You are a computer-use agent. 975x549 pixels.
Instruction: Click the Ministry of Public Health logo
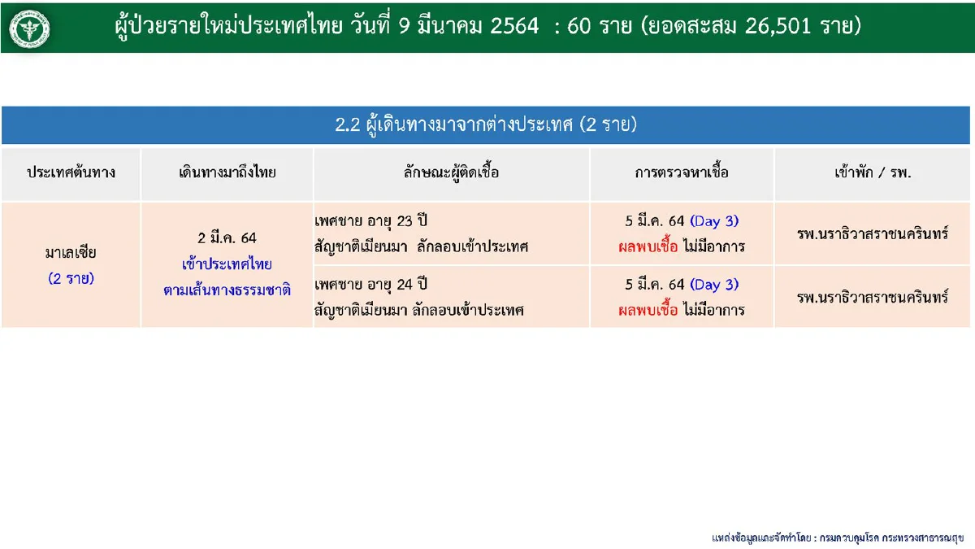pyautogui.click(x=29, y=28)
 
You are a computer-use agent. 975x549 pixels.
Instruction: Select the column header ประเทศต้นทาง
pyautogui.click(x=71, y=173)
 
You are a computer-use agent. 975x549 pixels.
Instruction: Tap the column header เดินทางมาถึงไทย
pyautogui.click(x=227, y=173)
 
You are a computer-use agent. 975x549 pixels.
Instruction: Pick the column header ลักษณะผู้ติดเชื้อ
pyautogui.click(x=451, y=173)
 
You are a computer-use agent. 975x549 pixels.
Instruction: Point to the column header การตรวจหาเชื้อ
pyautogui.click(x=682, y=173)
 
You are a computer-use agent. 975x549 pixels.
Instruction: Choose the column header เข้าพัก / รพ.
pyautogui.click(x=873, y=173)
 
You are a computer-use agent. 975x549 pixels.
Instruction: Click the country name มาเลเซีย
pyautogui.click(x=71, y=253)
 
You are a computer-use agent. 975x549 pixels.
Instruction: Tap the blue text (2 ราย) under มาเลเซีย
pyautogui.click(x=71, y=278)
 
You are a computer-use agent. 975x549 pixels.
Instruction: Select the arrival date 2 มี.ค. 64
pyautogui.click(x=227, y=238)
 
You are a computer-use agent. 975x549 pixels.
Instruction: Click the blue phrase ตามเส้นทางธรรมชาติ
pyautogui.click(x=227, y=289)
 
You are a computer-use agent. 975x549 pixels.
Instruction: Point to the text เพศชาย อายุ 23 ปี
pyautogui.click(x=370, y=221)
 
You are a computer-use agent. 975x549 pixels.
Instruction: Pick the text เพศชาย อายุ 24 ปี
pyautogui.click(x=370, y=285)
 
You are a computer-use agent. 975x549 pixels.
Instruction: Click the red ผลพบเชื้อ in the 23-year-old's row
pyautogui.click(x=648, y=246)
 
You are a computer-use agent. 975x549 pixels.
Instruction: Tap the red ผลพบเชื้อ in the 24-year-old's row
pyautogui.click(x=648, y=310)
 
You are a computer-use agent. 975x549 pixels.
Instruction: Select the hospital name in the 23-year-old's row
pyautogui.click(x=873, y=233)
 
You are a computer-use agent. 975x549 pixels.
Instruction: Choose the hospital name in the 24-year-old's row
pyautogui.click(x=873, y=297)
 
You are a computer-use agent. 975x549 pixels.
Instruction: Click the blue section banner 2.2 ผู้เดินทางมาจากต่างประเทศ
pyautogui.click(x=486, y=125)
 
